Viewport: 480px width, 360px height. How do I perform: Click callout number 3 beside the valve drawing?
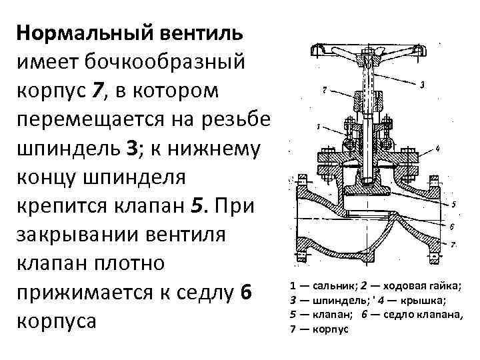click(423, 85)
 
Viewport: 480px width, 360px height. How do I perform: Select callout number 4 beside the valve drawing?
click(436, 147)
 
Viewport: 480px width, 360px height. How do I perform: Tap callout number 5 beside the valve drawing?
click(453, 204)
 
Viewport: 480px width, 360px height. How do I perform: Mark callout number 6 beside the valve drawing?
click(451, 227)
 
